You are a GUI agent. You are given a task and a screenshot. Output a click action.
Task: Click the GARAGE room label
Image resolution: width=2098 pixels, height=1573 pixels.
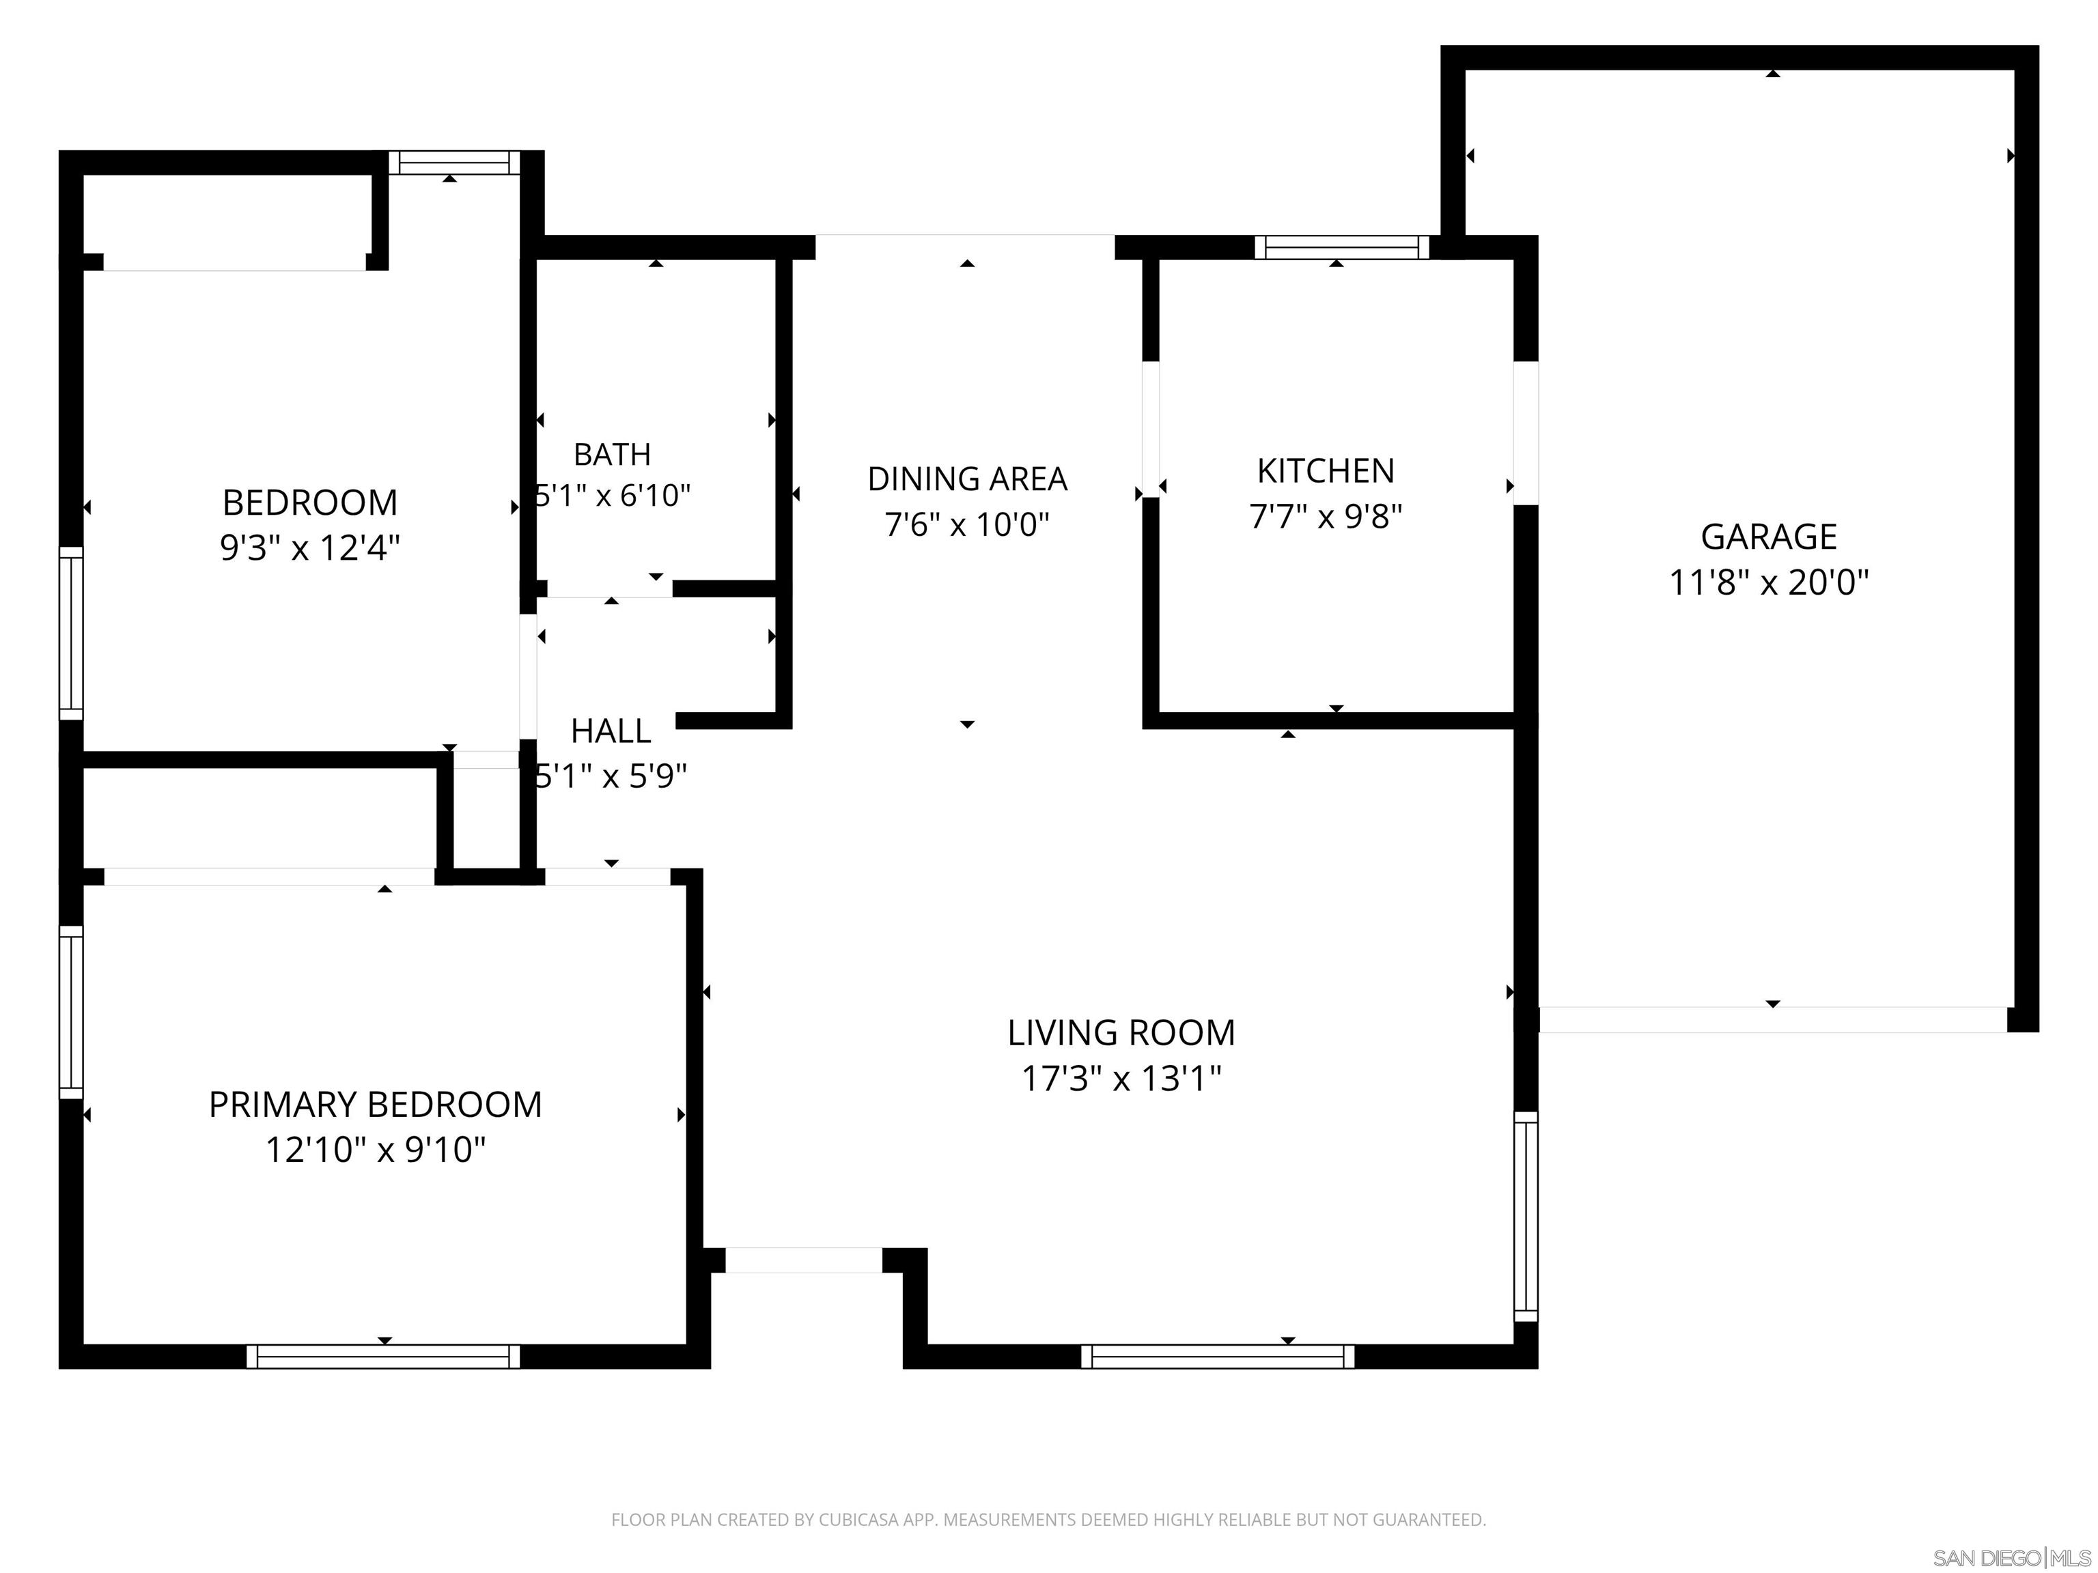point(1768,537)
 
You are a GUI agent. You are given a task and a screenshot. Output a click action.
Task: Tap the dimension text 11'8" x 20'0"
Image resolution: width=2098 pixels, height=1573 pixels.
point(1768,582)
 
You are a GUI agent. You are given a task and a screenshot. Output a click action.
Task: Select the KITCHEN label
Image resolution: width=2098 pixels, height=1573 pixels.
point(1325,471)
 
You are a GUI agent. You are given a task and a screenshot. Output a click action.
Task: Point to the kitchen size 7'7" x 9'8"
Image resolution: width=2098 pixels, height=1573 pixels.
point(1325,517)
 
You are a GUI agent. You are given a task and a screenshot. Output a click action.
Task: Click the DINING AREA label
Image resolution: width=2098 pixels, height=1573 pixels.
point(966,479)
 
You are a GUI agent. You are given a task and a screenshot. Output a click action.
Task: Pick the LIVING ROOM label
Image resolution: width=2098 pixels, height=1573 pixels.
point(1121,1032)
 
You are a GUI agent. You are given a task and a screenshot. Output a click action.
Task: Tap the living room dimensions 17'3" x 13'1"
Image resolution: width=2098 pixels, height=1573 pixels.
point(1121,1078)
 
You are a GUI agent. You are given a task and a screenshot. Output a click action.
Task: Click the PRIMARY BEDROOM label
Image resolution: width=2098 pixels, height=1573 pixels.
point(376,1105)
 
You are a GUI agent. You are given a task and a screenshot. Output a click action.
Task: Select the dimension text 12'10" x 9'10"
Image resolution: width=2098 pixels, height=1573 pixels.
point(376,1150)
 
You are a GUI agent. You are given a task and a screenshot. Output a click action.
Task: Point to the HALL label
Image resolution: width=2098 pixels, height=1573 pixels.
point(611,731)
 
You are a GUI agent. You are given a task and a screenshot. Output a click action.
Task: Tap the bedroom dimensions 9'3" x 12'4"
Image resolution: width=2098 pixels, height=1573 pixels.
point(309,548)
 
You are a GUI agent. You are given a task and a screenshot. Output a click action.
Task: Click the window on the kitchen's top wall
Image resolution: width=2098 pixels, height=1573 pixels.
point(1341,247)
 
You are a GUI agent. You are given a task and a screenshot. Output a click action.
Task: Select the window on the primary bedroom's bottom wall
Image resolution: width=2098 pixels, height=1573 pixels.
point(383,1356)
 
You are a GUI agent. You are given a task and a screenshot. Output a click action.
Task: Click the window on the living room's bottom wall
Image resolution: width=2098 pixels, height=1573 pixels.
point(1218,1356)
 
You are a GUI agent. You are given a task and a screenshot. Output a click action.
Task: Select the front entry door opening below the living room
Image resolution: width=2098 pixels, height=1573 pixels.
point(803,1260)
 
